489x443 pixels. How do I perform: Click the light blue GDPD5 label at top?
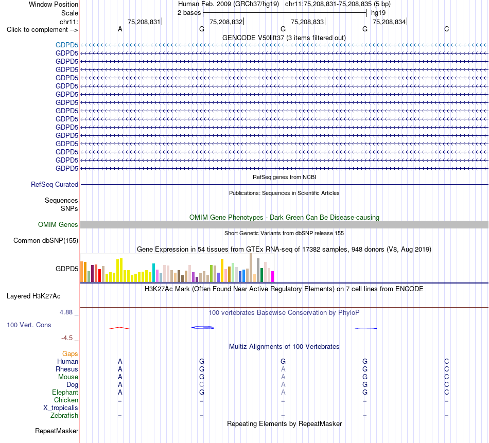tap(67, 45)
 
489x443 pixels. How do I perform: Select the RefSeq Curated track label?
tap(55, 184)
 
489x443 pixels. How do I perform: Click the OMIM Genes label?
tap(58, 224)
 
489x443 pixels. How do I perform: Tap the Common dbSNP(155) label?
tap(46, 240)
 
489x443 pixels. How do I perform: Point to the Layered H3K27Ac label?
tap(33, 296)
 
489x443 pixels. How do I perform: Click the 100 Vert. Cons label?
tap(29, 325)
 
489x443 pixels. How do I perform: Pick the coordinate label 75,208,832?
tap(226, 22)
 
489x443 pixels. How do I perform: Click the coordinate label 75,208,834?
tap(389, 22)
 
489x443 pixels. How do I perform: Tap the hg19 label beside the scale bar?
tap(378, 13)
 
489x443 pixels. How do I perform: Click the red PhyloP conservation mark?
tap(119, 328)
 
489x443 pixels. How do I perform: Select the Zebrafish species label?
tap(64, 415)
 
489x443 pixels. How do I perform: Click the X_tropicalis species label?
tap(61, 408)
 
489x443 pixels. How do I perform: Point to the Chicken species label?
tap(66, 400)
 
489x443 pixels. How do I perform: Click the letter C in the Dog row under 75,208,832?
tap(202, 385)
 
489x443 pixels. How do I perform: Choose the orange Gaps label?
tap(70, 353)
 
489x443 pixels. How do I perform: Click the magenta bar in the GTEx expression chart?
tap(272, 276)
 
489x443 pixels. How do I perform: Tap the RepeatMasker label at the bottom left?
tap(57, 431)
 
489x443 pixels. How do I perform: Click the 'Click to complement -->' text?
tap(42, 30)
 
